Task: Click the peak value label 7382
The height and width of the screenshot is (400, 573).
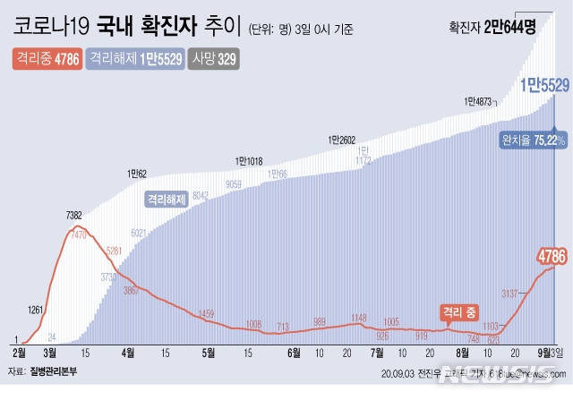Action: tap(75, 215)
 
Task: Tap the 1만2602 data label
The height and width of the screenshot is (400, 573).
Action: tap(342, 140)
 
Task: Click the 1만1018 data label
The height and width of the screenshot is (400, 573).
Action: tap(251, 161)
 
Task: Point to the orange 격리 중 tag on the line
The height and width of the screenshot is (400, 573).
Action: tap(458, 311)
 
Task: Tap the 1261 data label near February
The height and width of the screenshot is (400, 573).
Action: tap(36, 311)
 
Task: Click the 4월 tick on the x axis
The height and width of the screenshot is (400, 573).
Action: tap(128, 352)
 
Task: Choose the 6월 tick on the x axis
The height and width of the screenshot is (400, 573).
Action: tap(293, 352)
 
